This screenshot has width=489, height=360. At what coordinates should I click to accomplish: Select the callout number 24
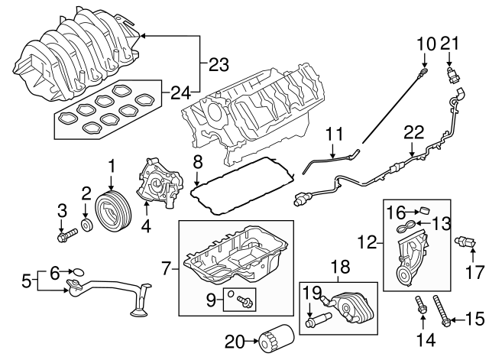(x=181, y=94)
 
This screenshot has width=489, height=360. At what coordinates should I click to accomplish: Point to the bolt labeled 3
(x=66, y=235)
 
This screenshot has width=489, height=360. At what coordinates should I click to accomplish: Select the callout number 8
(x=197, y=161)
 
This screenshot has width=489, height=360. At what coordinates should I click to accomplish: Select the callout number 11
(x=331, y=135)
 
